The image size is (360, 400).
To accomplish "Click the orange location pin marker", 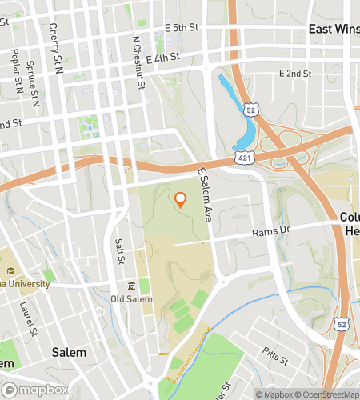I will (180, 200).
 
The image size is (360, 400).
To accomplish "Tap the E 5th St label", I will (181, 28).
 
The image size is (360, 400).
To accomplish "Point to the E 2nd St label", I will (294, 73).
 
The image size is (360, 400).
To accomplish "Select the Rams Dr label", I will (269, 233).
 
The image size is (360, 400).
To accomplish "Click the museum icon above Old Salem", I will (131, 286).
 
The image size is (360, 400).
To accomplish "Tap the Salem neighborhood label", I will (69, 352).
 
